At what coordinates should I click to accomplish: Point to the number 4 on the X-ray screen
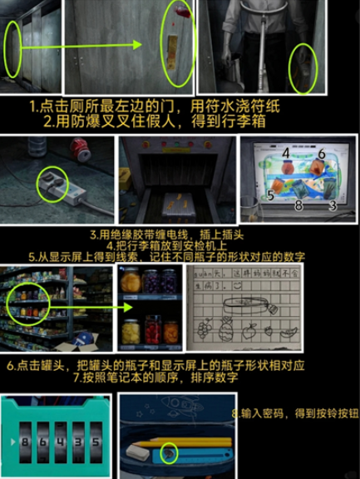point(284,154)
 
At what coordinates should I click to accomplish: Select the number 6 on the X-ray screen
point(321,154)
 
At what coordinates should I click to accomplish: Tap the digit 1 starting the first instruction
point(32,106)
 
